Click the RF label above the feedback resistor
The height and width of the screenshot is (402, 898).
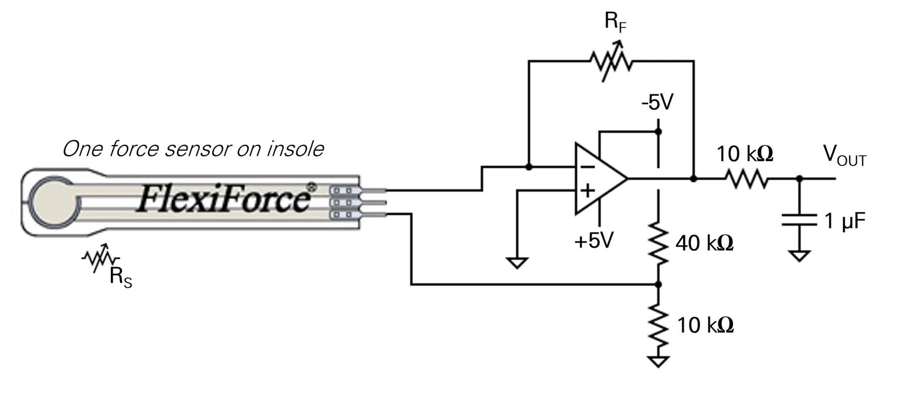click(x=615, y=22)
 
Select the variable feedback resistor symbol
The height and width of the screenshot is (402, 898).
click(x=611, y=61)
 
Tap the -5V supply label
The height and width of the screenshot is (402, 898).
click(x=658, y=102)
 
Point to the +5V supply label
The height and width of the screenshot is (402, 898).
click(x=594, y=240)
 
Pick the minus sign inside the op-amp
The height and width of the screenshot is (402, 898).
click(x=588, y=167)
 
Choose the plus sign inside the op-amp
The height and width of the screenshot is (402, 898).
click(x=588, y=190)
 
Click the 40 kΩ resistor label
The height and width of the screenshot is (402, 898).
click(x=704, y=243)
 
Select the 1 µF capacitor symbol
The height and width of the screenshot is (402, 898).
click(x=799, y=220)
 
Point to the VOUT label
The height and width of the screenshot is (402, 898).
click(x=844, y=156)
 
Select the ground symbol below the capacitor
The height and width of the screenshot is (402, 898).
click(x=799, y=256)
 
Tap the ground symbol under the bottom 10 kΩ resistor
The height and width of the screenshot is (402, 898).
click(x=658, y=362)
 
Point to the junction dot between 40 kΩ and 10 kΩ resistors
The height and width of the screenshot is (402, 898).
click(x=658, y=284)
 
